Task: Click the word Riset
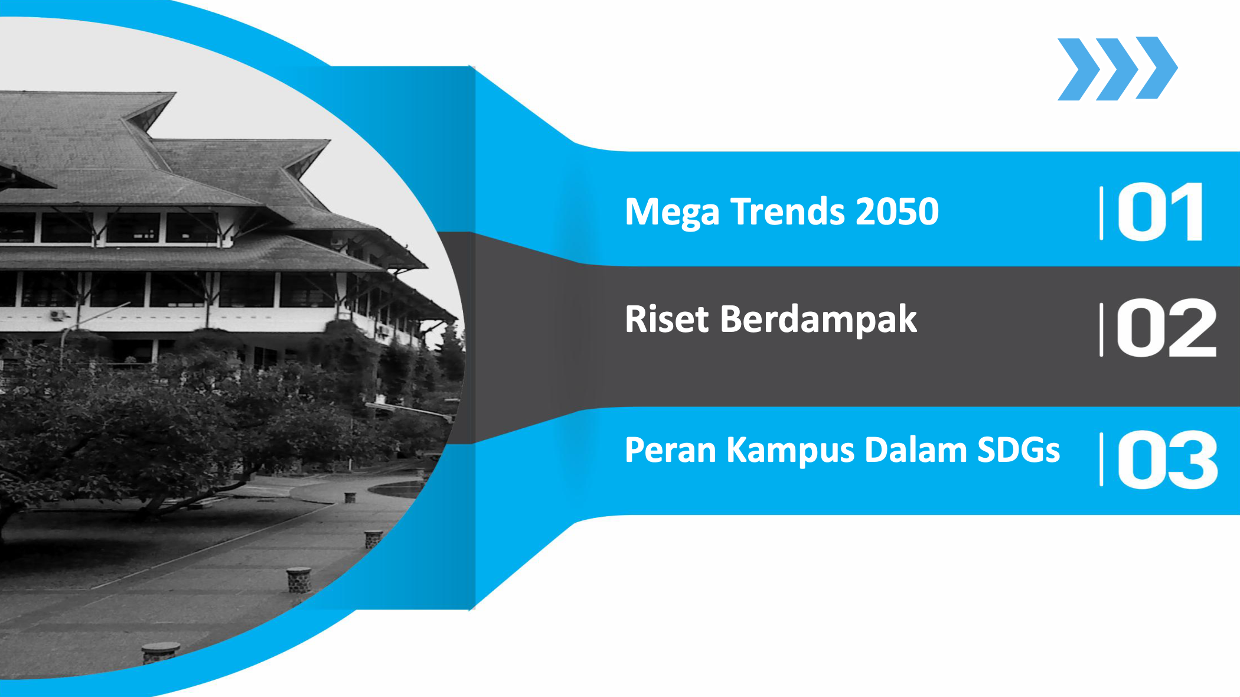click(667, 319)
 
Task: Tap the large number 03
click(1167, 460)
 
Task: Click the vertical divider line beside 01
click(1101, 213)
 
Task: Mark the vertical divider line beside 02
click(1101, 330)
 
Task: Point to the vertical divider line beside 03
click(1101, 460)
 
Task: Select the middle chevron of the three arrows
click(1117, 70)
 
